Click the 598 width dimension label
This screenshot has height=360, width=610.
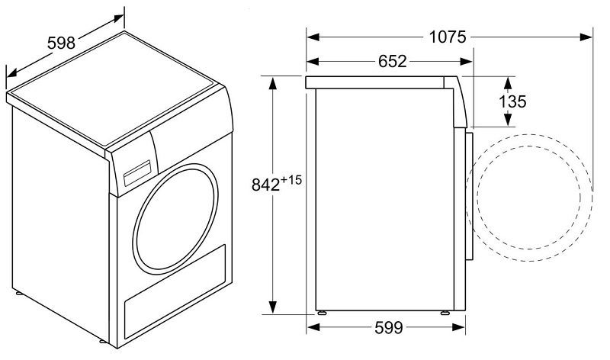coord(61,43)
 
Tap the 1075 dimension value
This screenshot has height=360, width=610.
coord(447,37)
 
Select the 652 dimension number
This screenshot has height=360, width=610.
coord(392,61)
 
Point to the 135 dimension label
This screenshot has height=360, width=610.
coord(512,101)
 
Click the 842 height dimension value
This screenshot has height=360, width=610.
coord(265,185)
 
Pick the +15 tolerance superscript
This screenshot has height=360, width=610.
coord(291,179)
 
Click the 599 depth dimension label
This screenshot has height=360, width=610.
coord(389,328)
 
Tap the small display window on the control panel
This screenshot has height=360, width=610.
coord(137,173)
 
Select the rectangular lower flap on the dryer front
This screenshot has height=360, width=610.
coord(175,291)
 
